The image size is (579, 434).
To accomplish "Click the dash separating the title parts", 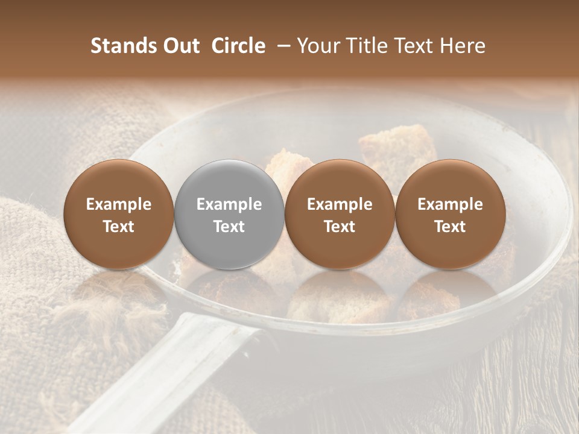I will pos(282,46).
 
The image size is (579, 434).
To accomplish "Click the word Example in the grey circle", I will pos(229,204).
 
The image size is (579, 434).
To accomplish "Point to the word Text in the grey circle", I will pos(229,227).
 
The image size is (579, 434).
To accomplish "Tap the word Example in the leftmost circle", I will pos(119,204).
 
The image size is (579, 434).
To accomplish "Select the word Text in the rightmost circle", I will pos(450,227).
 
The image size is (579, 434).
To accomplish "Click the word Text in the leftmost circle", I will pos(119,227).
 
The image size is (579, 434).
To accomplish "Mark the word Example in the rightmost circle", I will pos(450,204).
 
